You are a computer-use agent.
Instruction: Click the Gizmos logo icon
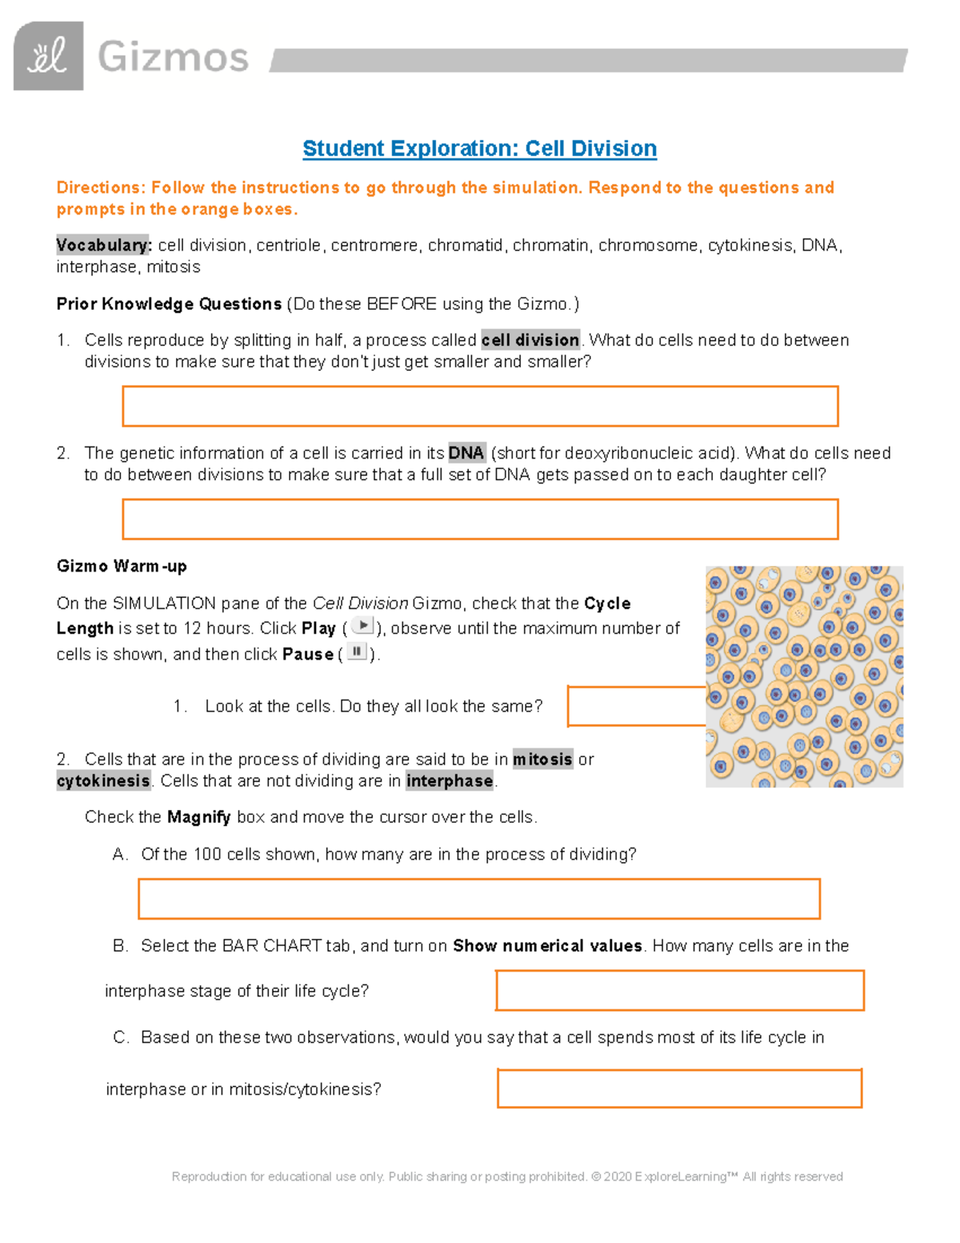[x=48, y=56]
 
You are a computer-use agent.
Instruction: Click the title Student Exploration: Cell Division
[x=479, y=149]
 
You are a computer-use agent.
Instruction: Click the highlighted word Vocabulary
[x=103, y=245]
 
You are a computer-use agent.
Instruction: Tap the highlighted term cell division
[x=530, y=340]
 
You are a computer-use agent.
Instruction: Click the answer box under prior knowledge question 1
[x=480, y=406]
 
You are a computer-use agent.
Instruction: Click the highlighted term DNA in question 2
[x=466, y=453]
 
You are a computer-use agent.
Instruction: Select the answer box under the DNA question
[x=480, y=519]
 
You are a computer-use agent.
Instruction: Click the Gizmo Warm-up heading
[x=122, y=566]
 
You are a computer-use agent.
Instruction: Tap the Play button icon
[x=362, y=626]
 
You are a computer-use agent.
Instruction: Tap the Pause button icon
[x=356, y=652]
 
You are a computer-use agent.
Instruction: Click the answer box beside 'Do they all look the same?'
[x=635, y=706]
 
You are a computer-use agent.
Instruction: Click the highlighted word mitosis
[x=542, y=759]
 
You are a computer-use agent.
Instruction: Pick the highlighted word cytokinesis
[x=103, y=780]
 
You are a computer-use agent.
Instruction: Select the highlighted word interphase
[x=449, y=780]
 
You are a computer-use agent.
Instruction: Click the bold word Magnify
[x=198, y=817]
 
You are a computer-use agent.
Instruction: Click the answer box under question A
[x=478, y=898]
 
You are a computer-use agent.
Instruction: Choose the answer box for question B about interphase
[x=679, y=990]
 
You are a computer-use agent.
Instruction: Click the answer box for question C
[x=679, y=1088]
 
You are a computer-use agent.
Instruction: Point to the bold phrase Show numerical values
[x=547, y=946]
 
